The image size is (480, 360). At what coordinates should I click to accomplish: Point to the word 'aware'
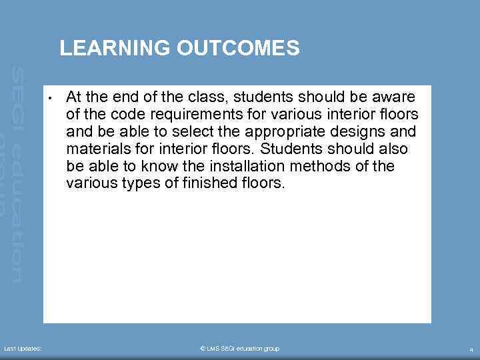pyautogui.click(x=395, y=97)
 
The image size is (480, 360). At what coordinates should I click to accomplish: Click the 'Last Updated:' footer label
pyautogui.click(x=23, y=349)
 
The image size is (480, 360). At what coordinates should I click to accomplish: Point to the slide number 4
pyautogui.click(x=471, y=349)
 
